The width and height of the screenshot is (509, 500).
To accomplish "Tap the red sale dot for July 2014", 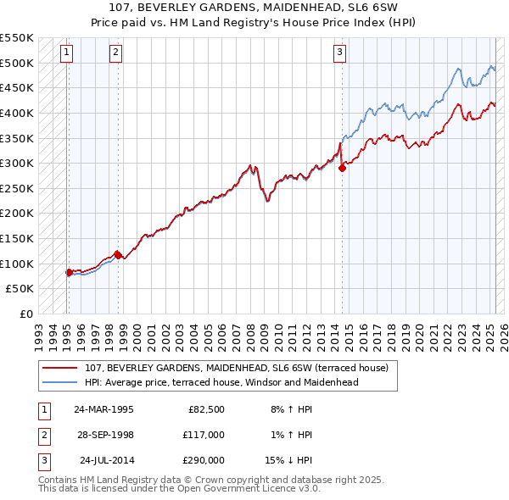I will point(343,168).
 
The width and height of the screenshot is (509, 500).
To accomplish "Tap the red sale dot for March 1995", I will point(70,272).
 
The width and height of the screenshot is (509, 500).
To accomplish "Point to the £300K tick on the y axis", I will point(18,163).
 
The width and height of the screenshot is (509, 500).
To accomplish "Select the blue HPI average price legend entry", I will point(221,382).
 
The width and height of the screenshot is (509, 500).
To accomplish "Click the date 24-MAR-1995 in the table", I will point(103,409).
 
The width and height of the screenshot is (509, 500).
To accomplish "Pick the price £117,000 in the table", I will point(204,435).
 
